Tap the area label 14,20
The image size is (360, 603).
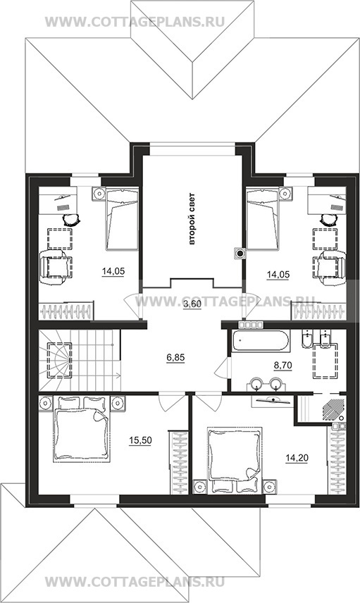tap(297, 458)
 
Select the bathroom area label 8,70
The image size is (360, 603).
tap(283, 366)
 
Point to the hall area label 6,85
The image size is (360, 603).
tap(175, 358)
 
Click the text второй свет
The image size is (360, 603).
tap(192, 219)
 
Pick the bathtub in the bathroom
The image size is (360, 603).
tap(261, 341)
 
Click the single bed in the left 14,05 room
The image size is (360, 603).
tap(122, 219)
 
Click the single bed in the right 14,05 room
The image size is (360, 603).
tap(262, 218)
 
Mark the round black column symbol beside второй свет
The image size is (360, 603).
tap(240, 253)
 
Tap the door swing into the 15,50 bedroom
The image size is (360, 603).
tap(168, 402)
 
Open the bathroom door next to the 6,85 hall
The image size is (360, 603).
tap(223, 368)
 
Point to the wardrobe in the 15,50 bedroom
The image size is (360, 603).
tap(179, 463)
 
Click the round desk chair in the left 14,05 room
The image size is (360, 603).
tap(71, 220)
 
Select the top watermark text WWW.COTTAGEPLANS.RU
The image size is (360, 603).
tap(135, 22)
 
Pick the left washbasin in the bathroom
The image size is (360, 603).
tap(256, 383)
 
